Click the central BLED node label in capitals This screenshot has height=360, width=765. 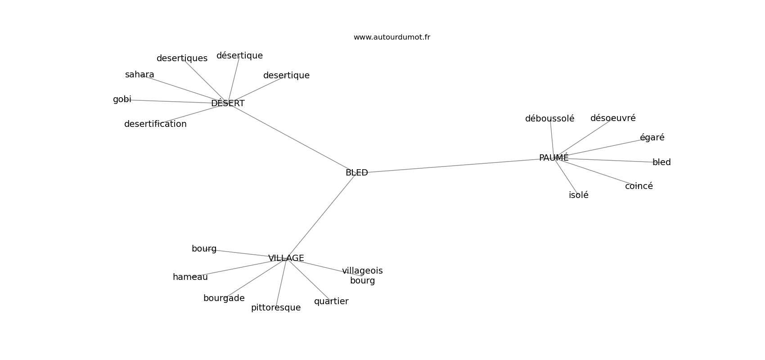[x=356, y=173]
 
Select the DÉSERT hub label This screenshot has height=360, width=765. [x=228, y=103]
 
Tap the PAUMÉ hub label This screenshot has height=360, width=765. [x=553, y=157]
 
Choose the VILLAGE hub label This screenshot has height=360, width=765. [x=286, y=258]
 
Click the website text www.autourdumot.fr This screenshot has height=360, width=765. [x=391, y=37]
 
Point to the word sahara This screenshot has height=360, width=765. [x=139, y=74]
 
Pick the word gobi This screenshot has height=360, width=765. [x=122, y=99]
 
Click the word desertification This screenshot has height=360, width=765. [x=155, y=124]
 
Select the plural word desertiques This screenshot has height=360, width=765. [x=182, y=58]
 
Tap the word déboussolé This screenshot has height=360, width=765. [x=549, y=118]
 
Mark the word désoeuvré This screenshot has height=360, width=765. [x=613, y=118]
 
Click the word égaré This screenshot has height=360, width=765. [x=652, y=137]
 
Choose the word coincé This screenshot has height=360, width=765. [x=639, y=186]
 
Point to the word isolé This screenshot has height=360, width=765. [x=579, y=195]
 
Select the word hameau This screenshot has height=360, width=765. [x=190, y=277]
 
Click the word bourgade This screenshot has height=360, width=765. [x=224, y=298]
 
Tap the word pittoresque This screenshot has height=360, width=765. [x=276, y=308]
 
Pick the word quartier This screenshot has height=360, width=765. [x=331, y=301]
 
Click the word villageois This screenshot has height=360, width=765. [x=362, y=271]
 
